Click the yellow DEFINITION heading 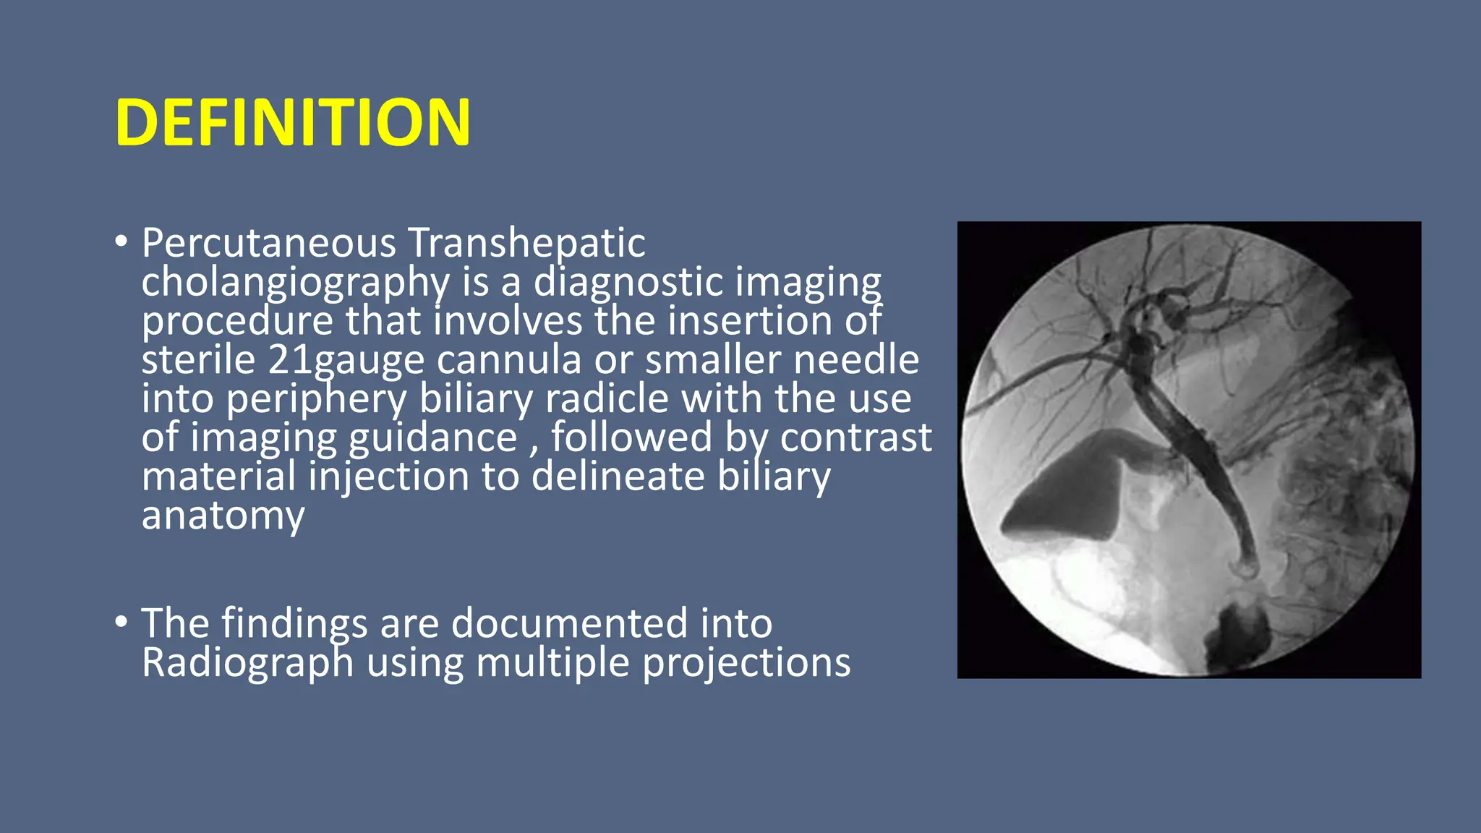click(293, 123)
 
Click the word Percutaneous click(268, 243)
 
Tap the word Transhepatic click(526, 243)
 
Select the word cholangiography click(295, 282)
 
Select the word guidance click(432, 438)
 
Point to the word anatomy click(223, 516)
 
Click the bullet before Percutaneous click(121, 242)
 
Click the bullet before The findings click(121, 622)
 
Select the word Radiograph click(247, 662)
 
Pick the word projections click(746, 662)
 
